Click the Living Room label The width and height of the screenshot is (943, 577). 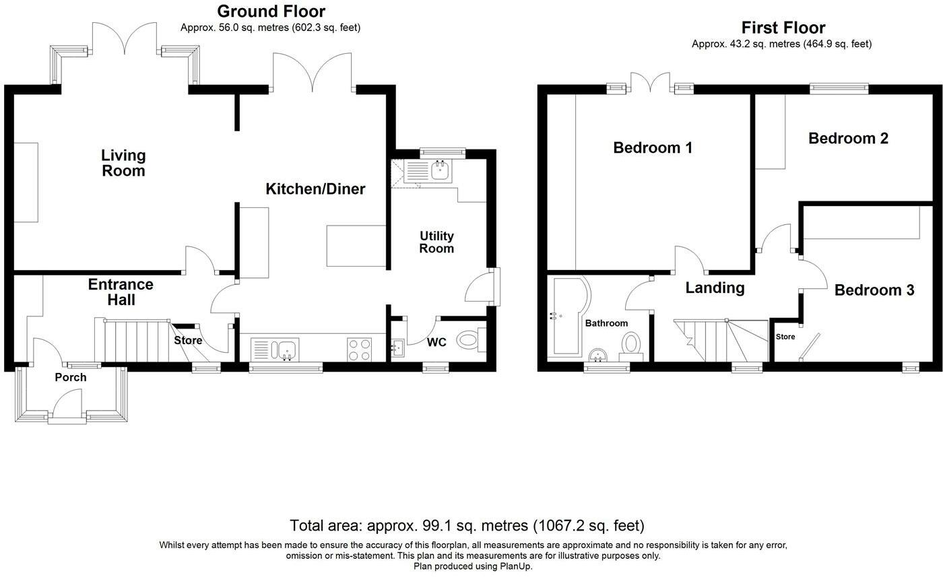(123, 163)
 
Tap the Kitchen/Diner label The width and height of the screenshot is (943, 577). (315, 189)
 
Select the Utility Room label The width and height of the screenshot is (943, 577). (436, 242)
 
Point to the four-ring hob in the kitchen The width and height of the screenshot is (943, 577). (360, 349)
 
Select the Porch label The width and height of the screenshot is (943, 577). (71, 377)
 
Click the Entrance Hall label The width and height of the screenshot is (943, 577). (121, 292)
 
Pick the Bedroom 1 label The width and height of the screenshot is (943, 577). (653, 147)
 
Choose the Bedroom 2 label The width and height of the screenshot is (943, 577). (848, 139)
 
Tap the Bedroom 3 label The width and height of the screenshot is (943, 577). (874, 290)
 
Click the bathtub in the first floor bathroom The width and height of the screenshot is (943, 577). (568, 315)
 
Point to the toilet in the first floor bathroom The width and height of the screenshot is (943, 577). (630, 346)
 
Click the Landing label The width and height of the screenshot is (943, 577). (715, 288)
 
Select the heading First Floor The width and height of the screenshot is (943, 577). (783, 28)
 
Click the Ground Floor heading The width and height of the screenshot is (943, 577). (271, 11)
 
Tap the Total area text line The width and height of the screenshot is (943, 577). (467, 526)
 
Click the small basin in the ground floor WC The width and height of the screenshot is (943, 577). (397, 348)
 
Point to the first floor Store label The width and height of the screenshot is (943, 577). (785, 337)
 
